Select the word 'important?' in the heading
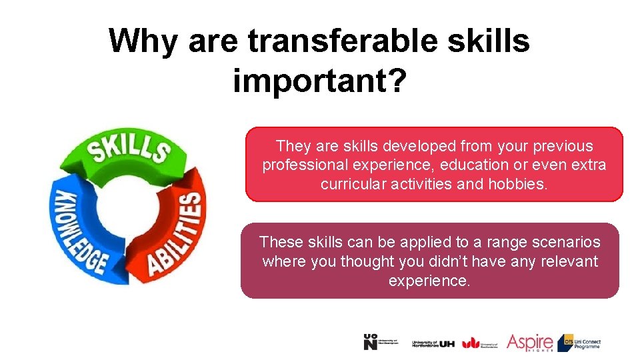click(x=319, y=81)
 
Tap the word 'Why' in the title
click(x=143, y=41)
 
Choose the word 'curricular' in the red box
click(x=354, y=184)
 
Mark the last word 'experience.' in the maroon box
click(x=429, y=281)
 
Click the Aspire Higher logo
click(x=529, y=343)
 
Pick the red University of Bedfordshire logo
click(x=479, y=343)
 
